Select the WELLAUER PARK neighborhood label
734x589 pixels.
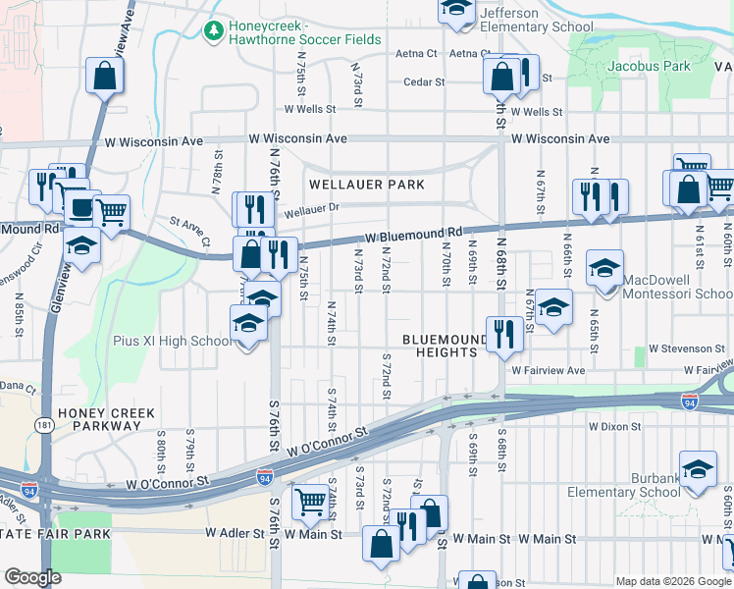click(367, 185)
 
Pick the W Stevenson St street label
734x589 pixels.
click(685, 348)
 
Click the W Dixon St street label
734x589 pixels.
click(614, 427)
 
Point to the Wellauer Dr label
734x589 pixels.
click(311, 209)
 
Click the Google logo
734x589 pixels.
click(32, 578)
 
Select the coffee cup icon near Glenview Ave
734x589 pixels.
click(79, 208)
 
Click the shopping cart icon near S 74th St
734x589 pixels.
click(311, 503)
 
